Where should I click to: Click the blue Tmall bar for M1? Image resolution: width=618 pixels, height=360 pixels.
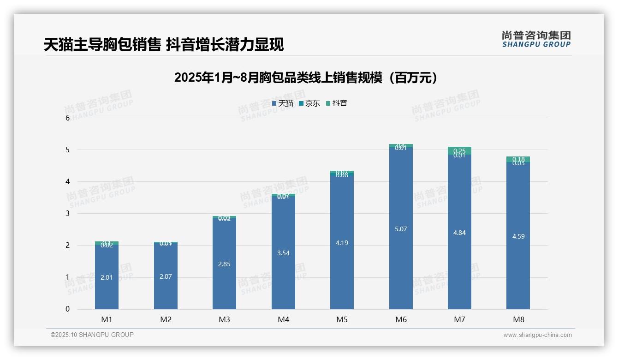click(x=107, y=277)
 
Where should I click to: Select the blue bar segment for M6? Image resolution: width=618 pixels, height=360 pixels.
click(x=401, y=228)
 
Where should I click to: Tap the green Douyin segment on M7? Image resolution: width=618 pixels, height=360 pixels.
click(x=459, y=150)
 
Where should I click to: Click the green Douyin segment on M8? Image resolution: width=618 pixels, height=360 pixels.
click(x=518, y=159)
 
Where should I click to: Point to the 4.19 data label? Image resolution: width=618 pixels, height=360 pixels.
click(x=342, y=243)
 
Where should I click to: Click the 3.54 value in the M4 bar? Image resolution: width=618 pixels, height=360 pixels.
click(x=283, y=253)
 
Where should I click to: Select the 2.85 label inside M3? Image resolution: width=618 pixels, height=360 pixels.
click(x=224, y=264)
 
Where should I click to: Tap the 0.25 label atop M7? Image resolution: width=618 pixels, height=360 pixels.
click(x=459, y=150)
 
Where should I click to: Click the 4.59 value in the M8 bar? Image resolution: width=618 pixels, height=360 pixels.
click(x=518, y=236)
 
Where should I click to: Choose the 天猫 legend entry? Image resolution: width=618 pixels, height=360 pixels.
click(x=283, y=103)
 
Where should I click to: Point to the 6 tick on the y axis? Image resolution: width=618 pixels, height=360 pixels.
click(x=68, y=118)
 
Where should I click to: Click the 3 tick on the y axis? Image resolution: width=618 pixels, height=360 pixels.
click(x=68, y=213)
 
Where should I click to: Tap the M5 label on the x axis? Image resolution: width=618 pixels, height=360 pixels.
click(x=342, y=319)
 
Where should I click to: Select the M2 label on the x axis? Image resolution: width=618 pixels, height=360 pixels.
click(x=166, y=319)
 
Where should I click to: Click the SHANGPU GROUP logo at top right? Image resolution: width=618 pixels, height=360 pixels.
click(x=536, y=39)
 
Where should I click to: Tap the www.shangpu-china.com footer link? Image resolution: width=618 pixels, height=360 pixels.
click(x=537, y=335)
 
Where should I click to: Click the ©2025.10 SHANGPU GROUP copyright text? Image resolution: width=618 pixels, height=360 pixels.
click(x=92, y=335)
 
